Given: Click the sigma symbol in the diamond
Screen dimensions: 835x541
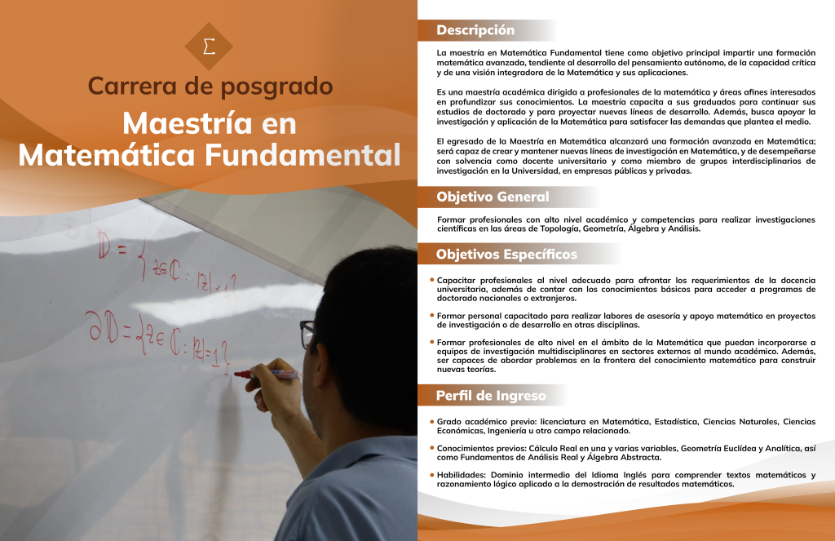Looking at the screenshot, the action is (210, 47).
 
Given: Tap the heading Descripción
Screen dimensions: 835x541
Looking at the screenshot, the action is (475, 30).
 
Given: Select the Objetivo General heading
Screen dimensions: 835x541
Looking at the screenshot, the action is (493, 197).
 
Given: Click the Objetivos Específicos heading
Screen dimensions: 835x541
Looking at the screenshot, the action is (506, 255).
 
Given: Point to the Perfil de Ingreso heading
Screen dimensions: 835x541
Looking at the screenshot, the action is (491, 396).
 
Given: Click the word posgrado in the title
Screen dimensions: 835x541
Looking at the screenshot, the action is (277, 87).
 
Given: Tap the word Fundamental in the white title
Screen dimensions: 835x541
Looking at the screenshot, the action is (303, 155).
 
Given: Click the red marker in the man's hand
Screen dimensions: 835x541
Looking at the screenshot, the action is (267, 375).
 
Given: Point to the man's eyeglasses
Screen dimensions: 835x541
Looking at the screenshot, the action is (307, 333).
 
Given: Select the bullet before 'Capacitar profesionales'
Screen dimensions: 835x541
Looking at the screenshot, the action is (432, 280).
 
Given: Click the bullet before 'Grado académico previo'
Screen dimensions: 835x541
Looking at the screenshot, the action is (432, 421).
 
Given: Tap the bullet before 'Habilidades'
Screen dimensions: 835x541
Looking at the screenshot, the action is (432, 474).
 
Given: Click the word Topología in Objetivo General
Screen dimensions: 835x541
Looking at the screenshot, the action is (559, 229).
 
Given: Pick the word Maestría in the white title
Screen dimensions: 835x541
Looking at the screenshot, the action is (188, 123).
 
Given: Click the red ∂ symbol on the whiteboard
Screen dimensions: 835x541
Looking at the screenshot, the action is (96, 326).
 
